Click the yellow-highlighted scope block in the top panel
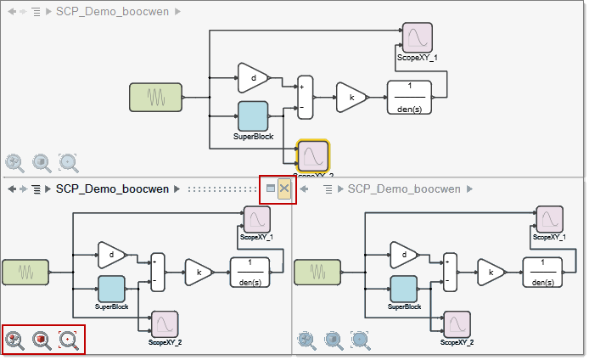[x=313, y=156]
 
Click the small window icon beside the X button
[x=271, y=188]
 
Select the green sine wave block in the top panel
[x=155, y=97]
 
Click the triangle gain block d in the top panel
[x=251, y=78]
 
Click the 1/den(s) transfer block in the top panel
[x=409, y=97]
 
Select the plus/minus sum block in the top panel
[x=305, y=97]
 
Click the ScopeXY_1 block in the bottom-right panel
[x=551, y=218]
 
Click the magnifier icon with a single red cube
[x=42, y=340]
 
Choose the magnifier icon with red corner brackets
[x=69, y=340]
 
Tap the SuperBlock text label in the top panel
[x=253, y=136]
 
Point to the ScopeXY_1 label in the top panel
[x=417, y=58]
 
